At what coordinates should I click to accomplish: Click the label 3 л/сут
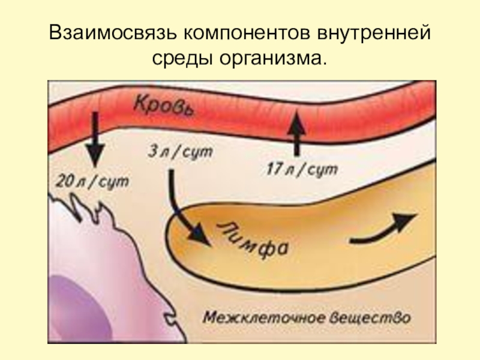pyautogui.click(x=179, y=152)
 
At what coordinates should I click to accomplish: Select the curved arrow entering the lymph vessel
pyautogui.click(x=185, y=209)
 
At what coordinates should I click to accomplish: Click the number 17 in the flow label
pyautogui.click(x=274, y=170)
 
